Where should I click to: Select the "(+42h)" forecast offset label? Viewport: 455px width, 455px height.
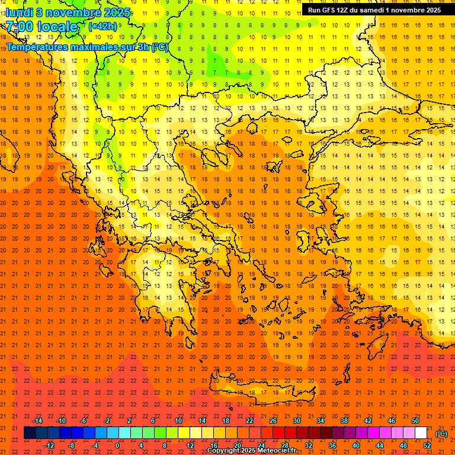pyautogui.click(x=102, y=26)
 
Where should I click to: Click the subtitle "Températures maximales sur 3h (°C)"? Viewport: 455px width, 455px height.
pyautogui.click(x=86, y=47)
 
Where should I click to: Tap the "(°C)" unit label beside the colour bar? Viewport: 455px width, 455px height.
pyautogui.click(x=441, y=434)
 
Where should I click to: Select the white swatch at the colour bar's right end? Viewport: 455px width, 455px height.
pyautogui.click(x=421, y=433)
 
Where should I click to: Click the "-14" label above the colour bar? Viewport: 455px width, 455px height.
pyautogui.click(x=38, y=421)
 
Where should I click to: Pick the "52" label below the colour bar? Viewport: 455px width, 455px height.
pyautogui.click(x=427, y=446)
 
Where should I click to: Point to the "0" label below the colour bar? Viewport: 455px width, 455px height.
pyautogui.click(x=117, y=446)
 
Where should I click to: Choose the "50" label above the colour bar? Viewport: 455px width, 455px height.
pyautogui.click(x=415, y=421)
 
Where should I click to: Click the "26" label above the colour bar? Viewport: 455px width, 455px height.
pyautogui.click(x=273, y=421)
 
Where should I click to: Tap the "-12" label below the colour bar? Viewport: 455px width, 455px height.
pyautogui.click(x=49, y=446)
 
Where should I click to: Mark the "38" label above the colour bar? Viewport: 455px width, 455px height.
pyautogui.click(x=344, y=421)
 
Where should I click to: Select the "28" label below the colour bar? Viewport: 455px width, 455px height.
pyautogui.click(x=285, y=446)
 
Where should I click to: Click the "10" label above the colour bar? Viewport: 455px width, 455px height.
pyautogui.click(x=178, y=421)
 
